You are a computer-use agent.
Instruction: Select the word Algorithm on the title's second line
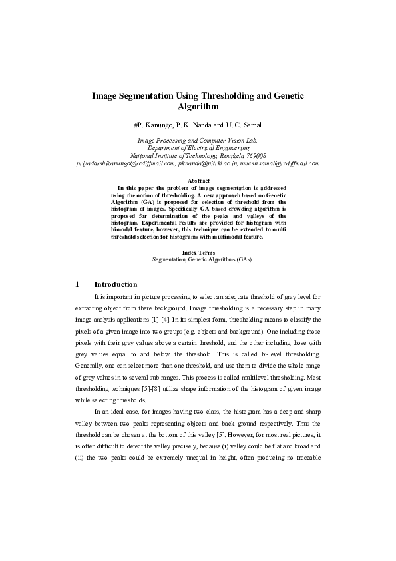(x=198, y=107)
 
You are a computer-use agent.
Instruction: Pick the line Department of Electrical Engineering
(x=198, y=148)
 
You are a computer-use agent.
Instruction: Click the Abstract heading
(x=198, y=181)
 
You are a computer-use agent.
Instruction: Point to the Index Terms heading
(x=198, y=251)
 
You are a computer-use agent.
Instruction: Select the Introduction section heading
(x=116, y=284)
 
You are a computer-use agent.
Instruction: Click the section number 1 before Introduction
(x=78, y=284)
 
